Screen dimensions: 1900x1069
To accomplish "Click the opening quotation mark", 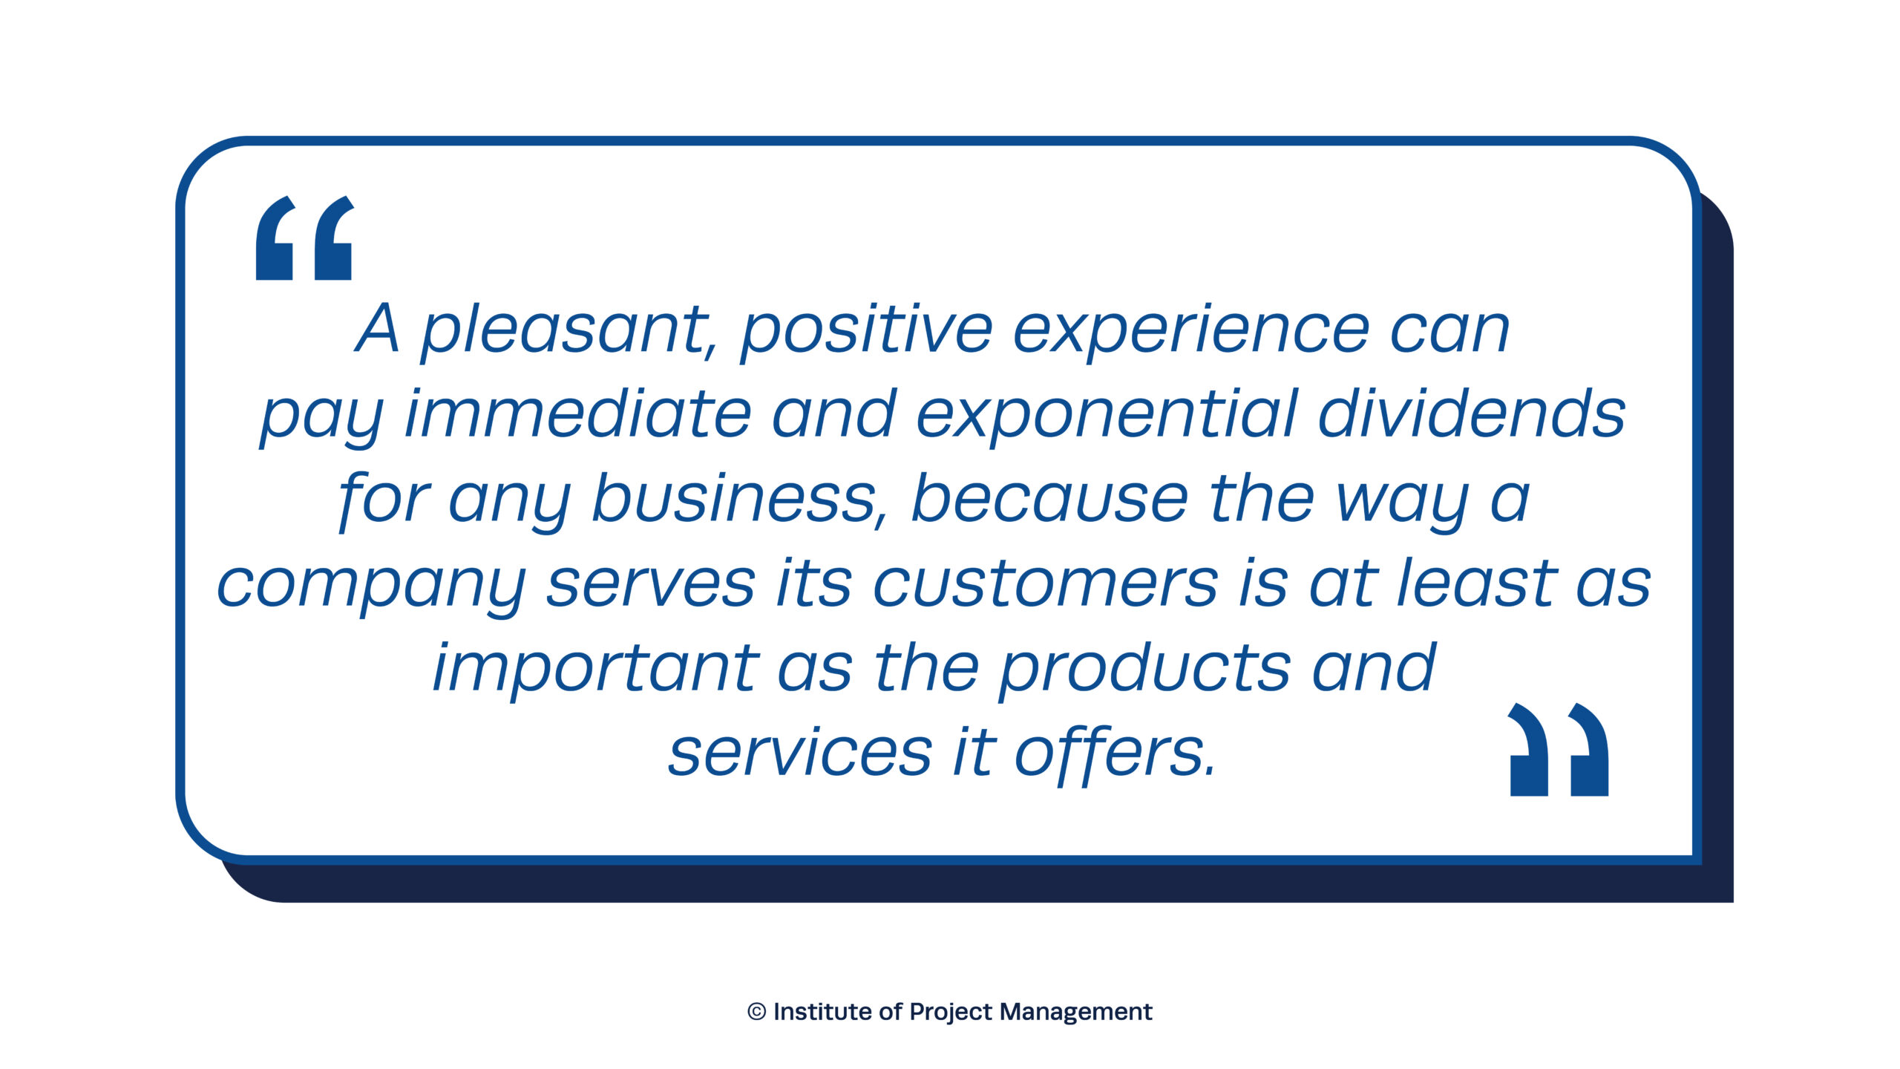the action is click(304, 238).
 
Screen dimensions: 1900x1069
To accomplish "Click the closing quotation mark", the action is click(1559, 749).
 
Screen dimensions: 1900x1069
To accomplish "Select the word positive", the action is click(866, 330).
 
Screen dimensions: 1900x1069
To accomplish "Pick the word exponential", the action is click(1107, 415).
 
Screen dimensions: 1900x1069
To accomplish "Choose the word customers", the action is click(1045, 583).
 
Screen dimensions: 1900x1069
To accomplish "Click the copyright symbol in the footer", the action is click(756, 1012).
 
